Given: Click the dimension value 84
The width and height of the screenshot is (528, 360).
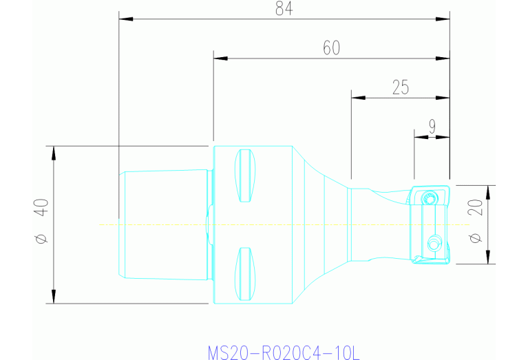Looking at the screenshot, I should pos(283,9).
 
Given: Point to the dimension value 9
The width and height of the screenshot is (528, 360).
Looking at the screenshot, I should pos(432,126).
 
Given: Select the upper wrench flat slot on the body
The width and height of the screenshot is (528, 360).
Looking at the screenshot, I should pos(244,176).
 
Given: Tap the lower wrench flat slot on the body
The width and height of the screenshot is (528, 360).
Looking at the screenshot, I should pos(244,274).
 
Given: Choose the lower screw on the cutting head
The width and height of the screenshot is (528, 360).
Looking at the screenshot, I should pos(433,243).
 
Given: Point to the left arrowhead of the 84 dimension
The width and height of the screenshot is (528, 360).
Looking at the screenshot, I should pos(124,19).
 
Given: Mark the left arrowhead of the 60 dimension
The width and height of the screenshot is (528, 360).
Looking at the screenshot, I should pos(219,59).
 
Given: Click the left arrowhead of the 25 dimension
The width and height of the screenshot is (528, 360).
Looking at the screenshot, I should pos(357,98).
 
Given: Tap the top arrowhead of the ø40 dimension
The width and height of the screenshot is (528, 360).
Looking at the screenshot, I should pos(53,151).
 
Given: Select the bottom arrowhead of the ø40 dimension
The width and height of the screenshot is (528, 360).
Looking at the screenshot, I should pos(53,298).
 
